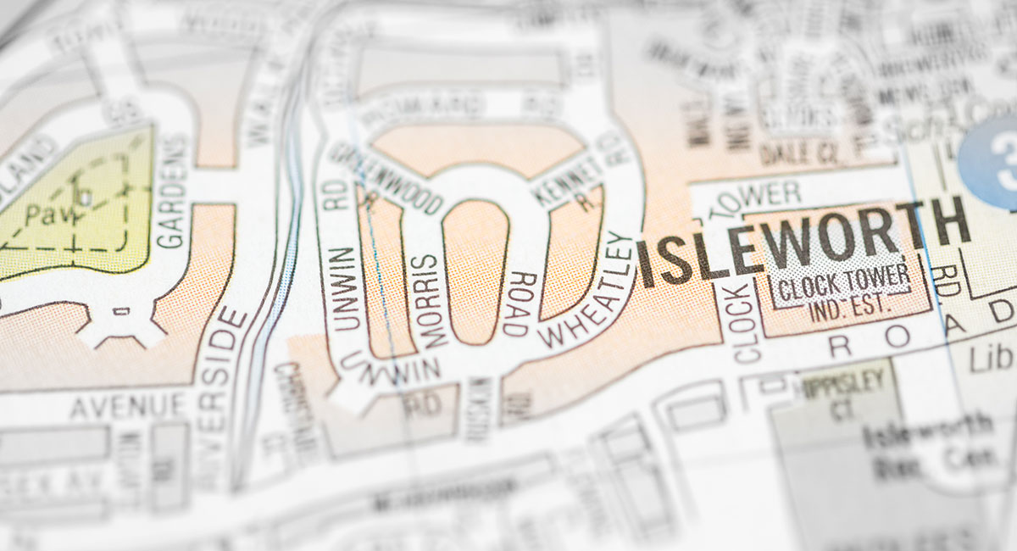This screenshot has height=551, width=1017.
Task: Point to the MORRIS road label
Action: coord(430,301)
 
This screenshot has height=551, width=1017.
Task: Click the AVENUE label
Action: coord(128,406)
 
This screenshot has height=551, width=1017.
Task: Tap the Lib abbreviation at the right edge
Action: coord(1000,359)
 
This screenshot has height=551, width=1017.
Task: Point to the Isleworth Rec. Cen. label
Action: coord(924,444)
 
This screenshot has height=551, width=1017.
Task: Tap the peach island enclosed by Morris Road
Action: coord(475,271)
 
